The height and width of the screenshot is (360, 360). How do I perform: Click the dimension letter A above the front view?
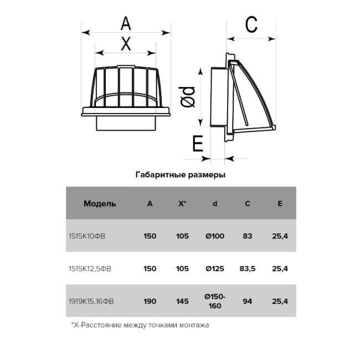(x=126, y=23)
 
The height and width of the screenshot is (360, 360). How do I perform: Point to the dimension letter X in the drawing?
(x=126, y=44)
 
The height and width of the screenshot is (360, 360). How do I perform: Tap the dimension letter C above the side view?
(x=251, y=24)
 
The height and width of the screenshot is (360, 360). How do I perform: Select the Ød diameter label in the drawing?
(x=187, y=97)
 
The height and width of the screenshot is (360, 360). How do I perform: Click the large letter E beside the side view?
(x=198, y=143)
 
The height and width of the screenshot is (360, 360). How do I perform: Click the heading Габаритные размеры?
(x=181, y=175)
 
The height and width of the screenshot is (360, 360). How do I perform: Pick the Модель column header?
(x=100, y=204)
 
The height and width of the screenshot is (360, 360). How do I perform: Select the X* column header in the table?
(x=182, y=203)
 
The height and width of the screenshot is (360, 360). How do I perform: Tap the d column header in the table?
(x=215, y=203)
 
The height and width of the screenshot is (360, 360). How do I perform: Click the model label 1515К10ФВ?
(x=87, y=236)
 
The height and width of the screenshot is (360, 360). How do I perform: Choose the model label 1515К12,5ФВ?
(x=90, y=269)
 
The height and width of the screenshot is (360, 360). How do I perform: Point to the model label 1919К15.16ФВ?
(x=91, y=301)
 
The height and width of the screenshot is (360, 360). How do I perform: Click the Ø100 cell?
(x=215, y=236)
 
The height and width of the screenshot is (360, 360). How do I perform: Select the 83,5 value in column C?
(x=248, y=269)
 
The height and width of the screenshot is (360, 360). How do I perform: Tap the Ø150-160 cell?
(x=215, y=301)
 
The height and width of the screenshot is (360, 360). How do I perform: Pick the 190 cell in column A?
(x=150, y=301)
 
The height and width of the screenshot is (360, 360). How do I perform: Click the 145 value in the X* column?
(x=183, y=301)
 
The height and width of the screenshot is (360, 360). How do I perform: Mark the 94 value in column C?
(x=248, y=301)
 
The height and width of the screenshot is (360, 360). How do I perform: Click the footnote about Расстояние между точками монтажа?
(x=140, y=325)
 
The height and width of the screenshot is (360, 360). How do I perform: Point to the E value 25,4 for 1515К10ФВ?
(x=280, y=236)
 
